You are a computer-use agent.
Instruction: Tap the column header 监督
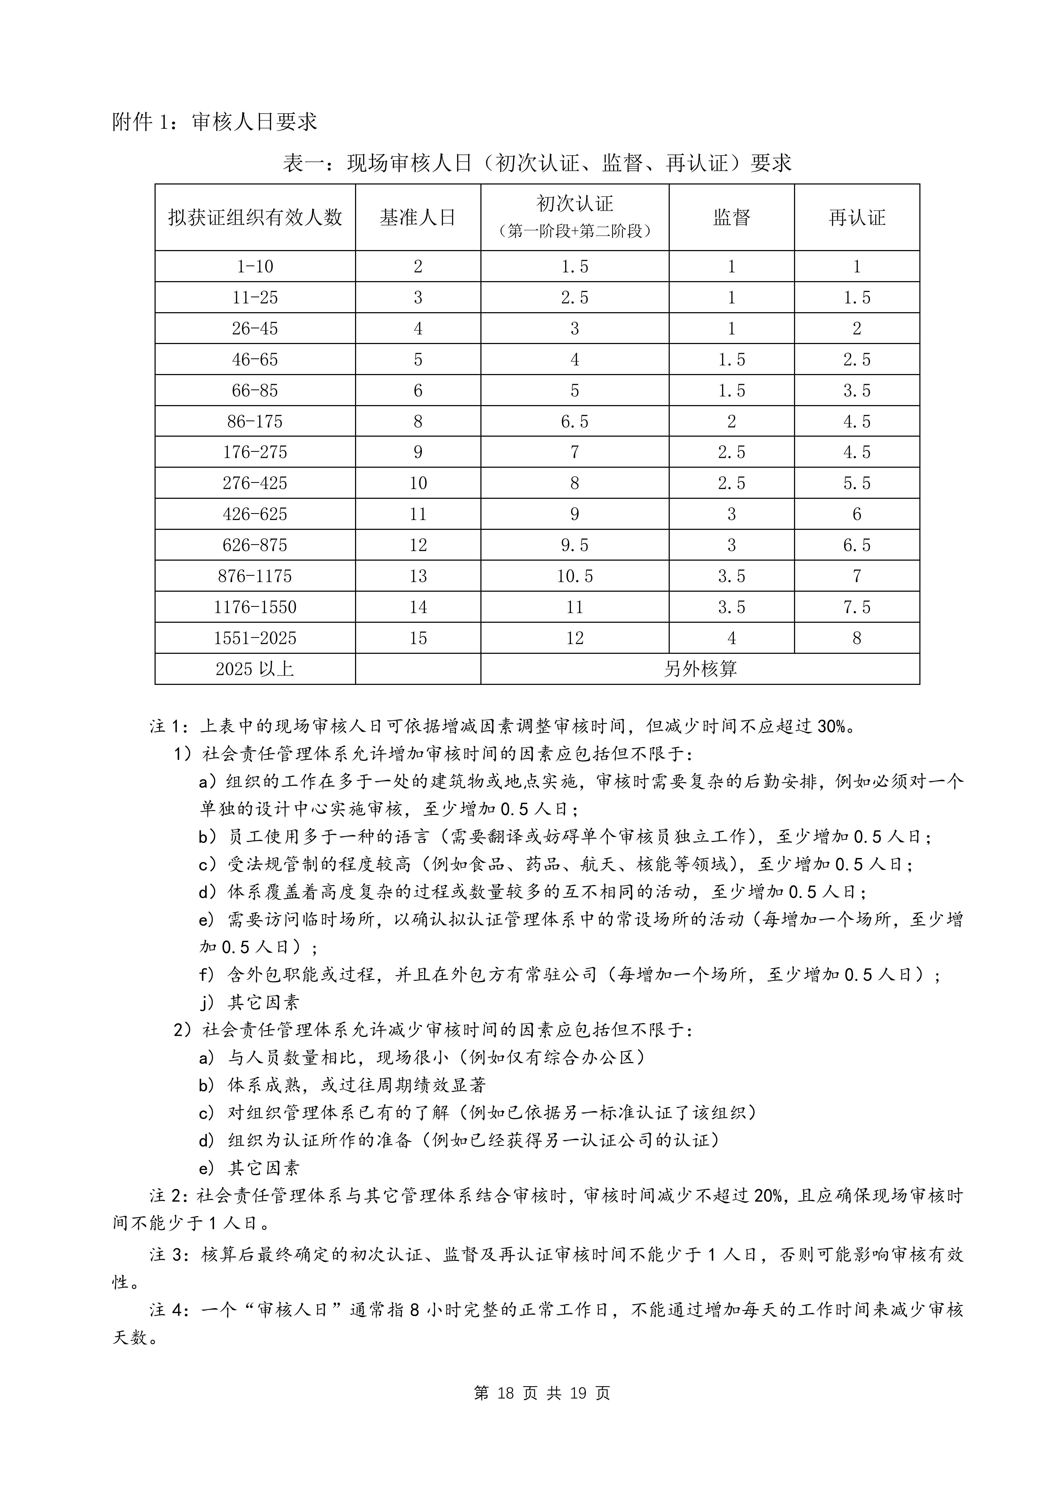[731, 217]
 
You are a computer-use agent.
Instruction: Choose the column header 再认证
[857, 217]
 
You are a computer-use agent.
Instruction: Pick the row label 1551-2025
[255, 638]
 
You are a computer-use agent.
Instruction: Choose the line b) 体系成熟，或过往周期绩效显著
[343, 1085]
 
